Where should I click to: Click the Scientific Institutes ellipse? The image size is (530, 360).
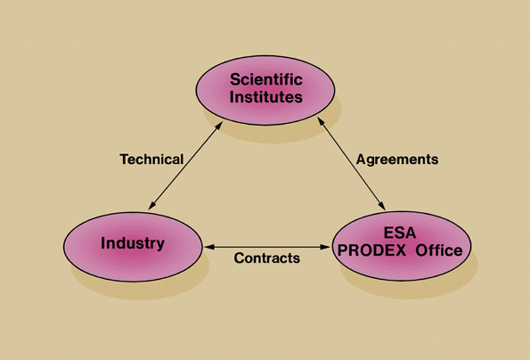pyautogui.click(x=266, y=88)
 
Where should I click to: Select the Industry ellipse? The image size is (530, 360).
pyautogui.click(x=133, y=243)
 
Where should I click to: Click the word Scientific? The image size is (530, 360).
pyautogui.click(x=266, y=79)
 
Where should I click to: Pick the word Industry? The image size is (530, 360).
pyautogui.click(x=133, y=243)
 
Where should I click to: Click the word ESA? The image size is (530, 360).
pyautogui.click(x=400, y=233)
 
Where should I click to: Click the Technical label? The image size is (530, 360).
pyautogui.click(x=151, y=160)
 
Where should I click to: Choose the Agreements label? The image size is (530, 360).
pyautogui.click(x=397, y=160)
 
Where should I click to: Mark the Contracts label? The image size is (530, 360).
pyautogui.click(x=266, y=258)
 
